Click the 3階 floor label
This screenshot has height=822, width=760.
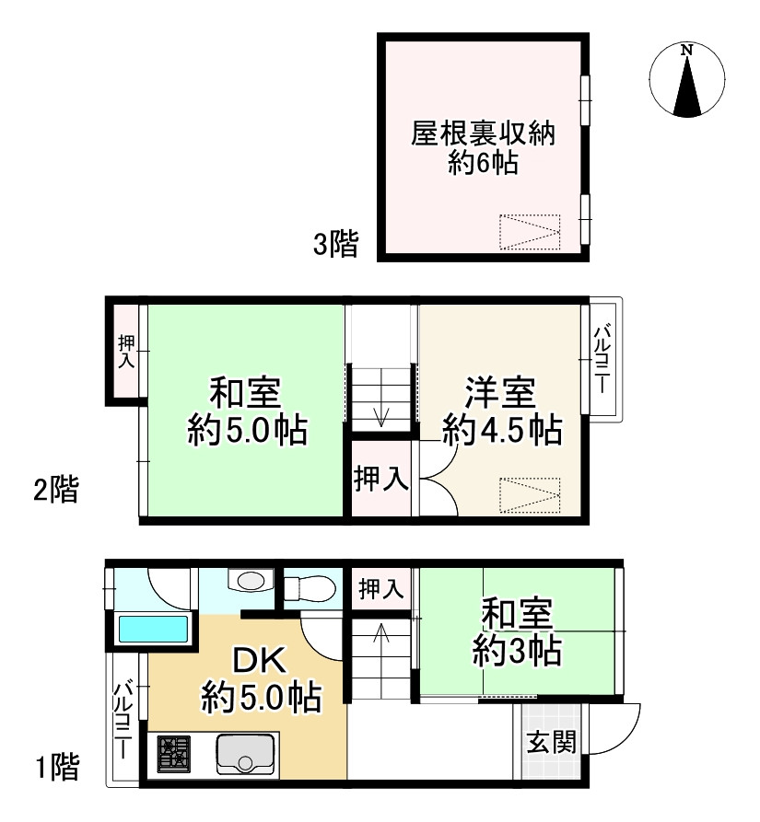coord(335,245)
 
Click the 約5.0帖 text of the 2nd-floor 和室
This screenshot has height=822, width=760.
coord(247,431)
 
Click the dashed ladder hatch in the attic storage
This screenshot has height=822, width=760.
coord(529,232)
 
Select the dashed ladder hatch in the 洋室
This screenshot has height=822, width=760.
coord(529,495)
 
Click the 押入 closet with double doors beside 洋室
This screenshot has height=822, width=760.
coord(382,480)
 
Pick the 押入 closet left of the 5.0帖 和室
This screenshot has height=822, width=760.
coord(126,351)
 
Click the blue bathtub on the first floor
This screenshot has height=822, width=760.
coord(154,631)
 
